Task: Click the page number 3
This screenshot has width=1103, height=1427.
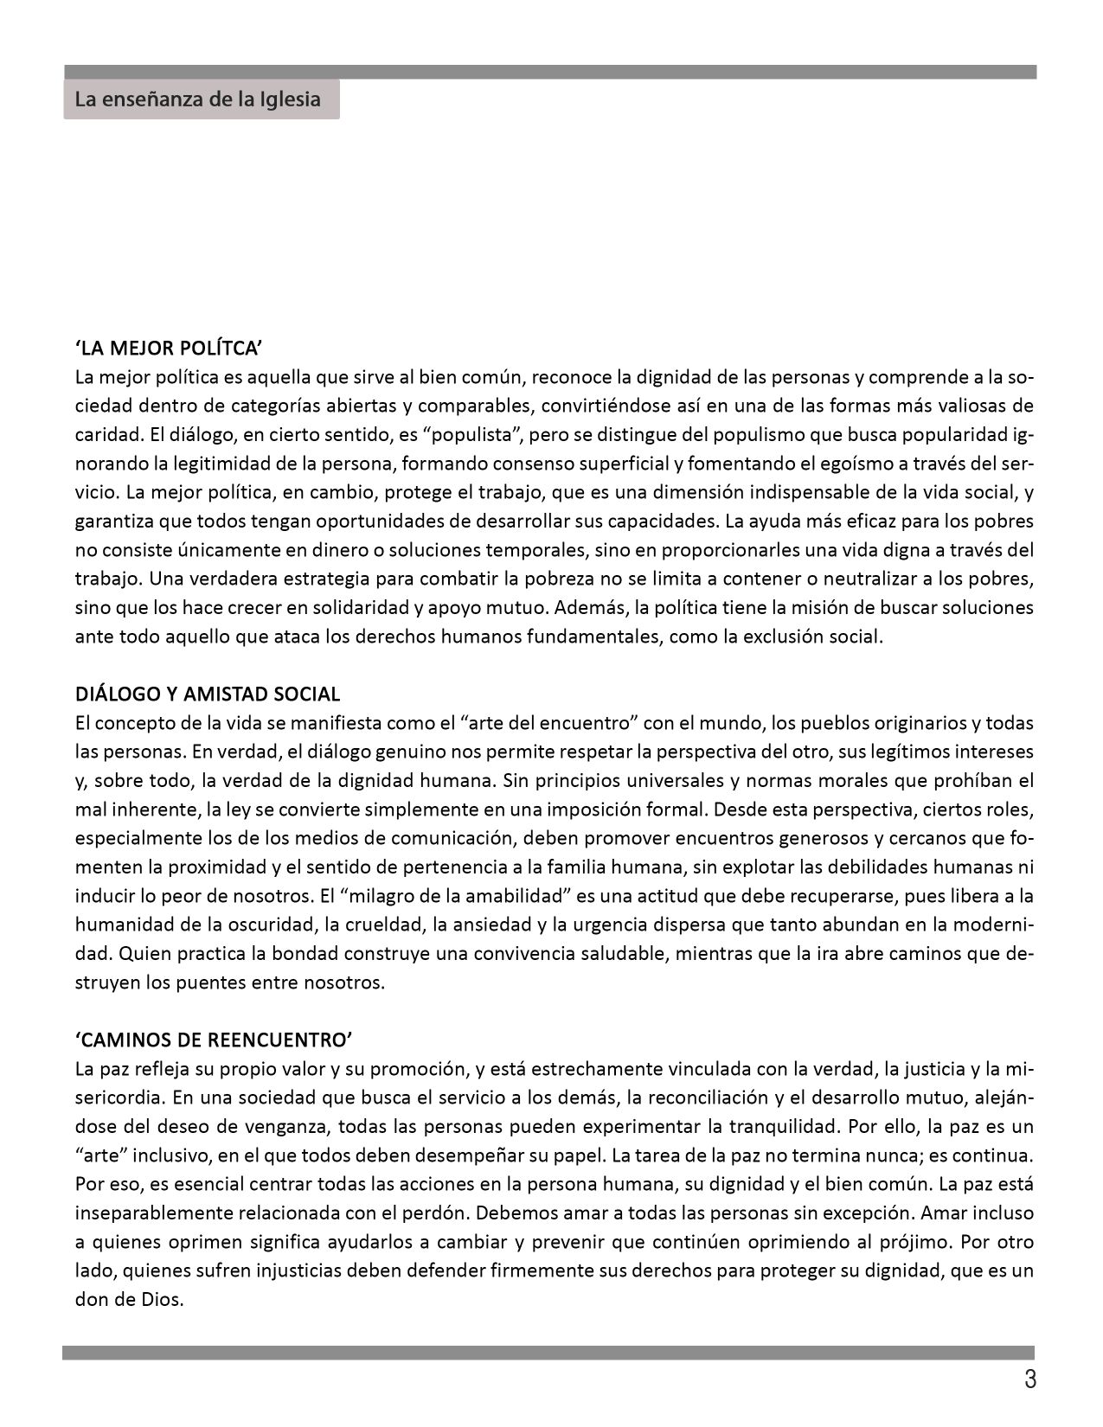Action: coord(1029,1379)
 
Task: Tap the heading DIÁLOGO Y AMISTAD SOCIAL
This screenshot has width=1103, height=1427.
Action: coord(208,694)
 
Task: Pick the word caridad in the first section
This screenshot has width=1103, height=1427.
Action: coord(100,434)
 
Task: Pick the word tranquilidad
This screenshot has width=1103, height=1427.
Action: coord(782,1127)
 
